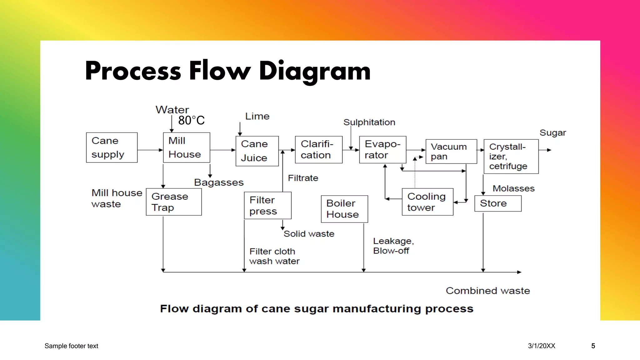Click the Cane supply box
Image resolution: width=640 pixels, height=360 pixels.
[x=112, y=147]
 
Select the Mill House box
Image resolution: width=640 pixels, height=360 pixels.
[x=187, y=147]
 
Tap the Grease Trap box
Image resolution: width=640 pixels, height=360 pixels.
[x=174, y=202]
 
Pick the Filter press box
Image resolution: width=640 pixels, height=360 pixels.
[x=267, y=206]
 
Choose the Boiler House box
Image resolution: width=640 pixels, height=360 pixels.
[x=344, y=209]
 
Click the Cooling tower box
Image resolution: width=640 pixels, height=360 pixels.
[x=427, y=202]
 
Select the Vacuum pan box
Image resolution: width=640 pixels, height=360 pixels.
[x=451, y=152]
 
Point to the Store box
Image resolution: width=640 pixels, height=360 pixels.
[x=498, y=203]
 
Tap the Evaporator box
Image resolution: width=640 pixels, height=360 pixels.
[x=382, y=150]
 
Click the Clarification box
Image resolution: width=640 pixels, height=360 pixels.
[x=318, y=150]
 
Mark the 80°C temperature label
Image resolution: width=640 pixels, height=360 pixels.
[x=191, y=120]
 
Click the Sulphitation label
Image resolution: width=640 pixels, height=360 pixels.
[x=369, y=122]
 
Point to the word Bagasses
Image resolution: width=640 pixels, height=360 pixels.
[x=219, y=182]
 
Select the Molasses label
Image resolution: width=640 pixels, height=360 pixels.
[x=513, y=188]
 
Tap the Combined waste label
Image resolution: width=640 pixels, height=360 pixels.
[x=487, y=291]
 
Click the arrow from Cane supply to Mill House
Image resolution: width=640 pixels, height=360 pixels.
[x=150, y=150]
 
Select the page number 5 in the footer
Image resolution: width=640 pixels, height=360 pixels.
[x=593, y=346]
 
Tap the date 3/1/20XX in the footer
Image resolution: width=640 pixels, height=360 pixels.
[x=542, y=346]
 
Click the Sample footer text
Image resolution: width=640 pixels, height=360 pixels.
[x=71, y=346]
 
